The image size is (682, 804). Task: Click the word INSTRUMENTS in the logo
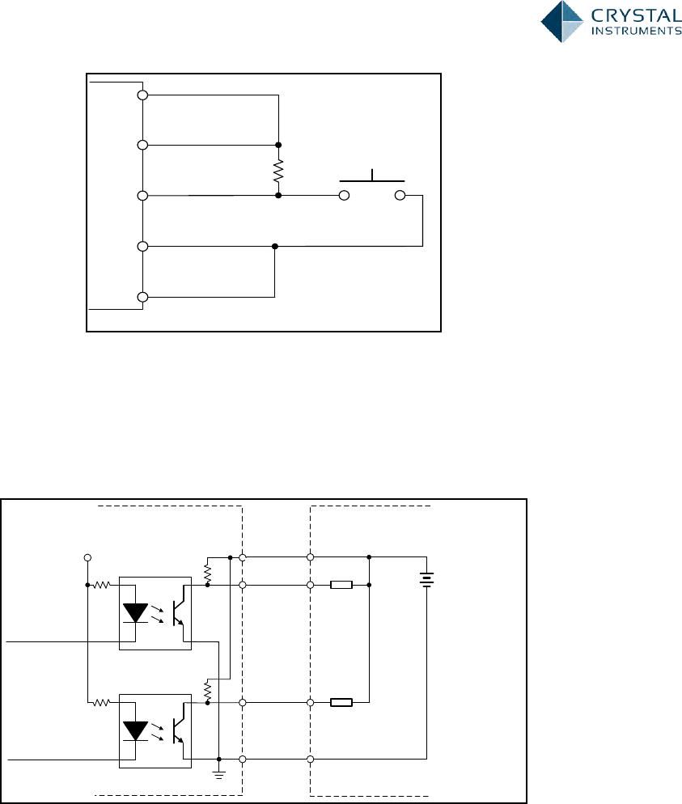coord(635,32)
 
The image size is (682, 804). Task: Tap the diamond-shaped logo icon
coord(562,21)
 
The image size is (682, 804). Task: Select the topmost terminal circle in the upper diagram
coord(142,95)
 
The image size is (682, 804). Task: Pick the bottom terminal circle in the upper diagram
coord(142,297)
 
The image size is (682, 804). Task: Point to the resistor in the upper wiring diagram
coord(278,171)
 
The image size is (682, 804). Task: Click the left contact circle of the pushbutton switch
coord(344,196)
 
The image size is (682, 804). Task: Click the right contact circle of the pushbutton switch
coord(399,196)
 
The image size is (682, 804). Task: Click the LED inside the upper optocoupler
coord(135,611)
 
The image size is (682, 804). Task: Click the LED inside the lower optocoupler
coord(135,730)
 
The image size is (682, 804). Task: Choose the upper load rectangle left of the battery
coord(341,584)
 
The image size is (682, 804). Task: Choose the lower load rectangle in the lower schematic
coord(341,702)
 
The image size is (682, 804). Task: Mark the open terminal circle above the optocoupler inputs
coord(87,557)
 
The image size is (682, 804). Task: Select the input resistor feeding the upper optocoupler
coord(102,584)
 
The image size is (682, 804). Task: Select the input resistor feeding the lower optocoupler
coord(102,702)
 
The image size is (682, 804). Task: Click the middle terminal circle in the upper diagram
coord(142,196)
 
